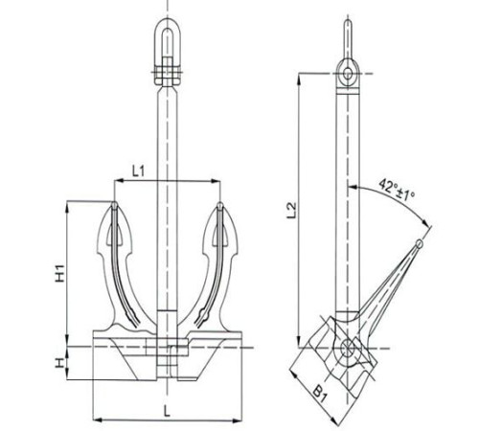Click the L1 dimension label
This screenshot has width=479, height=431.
(139, 171)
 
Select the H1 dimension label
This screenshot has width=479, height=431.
(60, 273)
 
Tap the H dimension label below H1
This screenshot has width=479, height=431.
(59, 363)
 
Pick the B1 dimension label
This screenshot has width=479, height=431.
(320, 394)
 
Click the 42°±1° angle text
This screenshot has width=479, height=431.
(397, 190)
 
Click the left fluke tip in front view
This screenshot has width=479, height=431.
(114, 205)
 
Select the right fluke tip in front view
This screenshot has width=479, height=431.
(220, 205)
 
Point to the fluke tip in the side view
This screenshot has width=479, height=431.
(420, 244)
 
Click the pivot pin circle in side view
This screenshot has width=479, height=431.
(347, 348)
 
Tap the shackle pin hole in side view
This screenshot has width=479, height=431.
(348, 74)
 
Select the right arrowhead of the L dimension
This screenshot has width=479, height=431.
(237, 420)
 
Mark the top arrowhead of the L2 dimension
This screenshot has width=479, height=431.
(299, 79)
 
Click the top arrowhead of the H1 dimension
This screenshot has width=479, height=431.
(67, 206)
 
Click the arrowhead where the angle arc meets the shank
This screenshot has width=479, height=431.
(353, 187)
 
